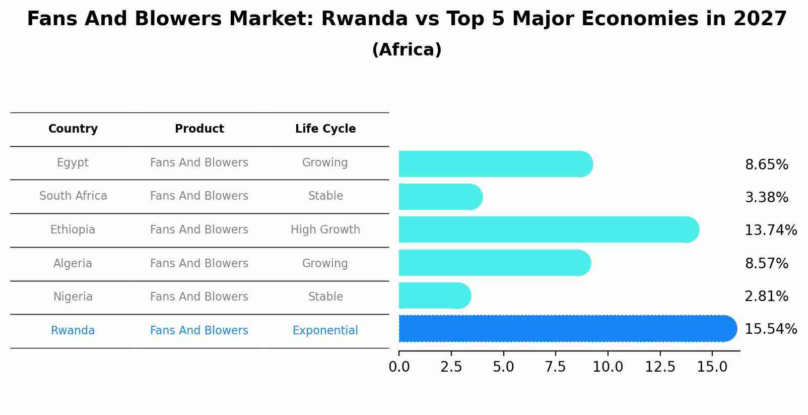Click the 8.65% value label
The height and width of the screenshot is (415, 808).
coord(766,165)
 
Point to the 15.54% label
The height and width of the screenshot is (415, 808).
coord(770,329)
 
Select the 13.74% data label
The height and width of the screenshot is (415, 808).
coord(770,230)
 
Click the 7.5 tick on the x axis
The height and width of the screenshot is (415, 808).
coord(555,367)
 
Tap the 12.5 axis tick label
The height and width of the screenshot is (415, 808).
coord(660,367)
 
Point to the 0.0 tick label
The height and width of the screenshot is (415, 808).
coord(399,367)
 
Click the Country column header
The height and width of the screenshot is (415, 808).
coord(73,129)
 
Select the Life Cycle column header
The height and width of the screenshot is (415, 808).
coord(325,129)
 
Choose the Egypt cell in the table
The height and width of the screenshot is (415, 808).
coord(73,163)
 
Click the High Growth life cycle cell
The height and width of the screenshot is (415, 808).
coord(325,230)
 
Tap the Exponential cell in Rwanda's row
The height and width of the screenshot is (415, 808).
coord(325,331)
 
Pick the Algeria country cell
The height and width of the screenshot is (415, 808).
coord(73,264)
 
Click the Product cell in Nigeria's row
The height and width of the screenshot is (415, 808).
coord(199,297)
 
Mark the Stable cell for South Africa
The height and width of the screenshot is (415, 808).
coord(325,196)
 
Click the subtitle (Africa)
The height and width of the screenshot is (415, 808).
coord(407,50)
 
